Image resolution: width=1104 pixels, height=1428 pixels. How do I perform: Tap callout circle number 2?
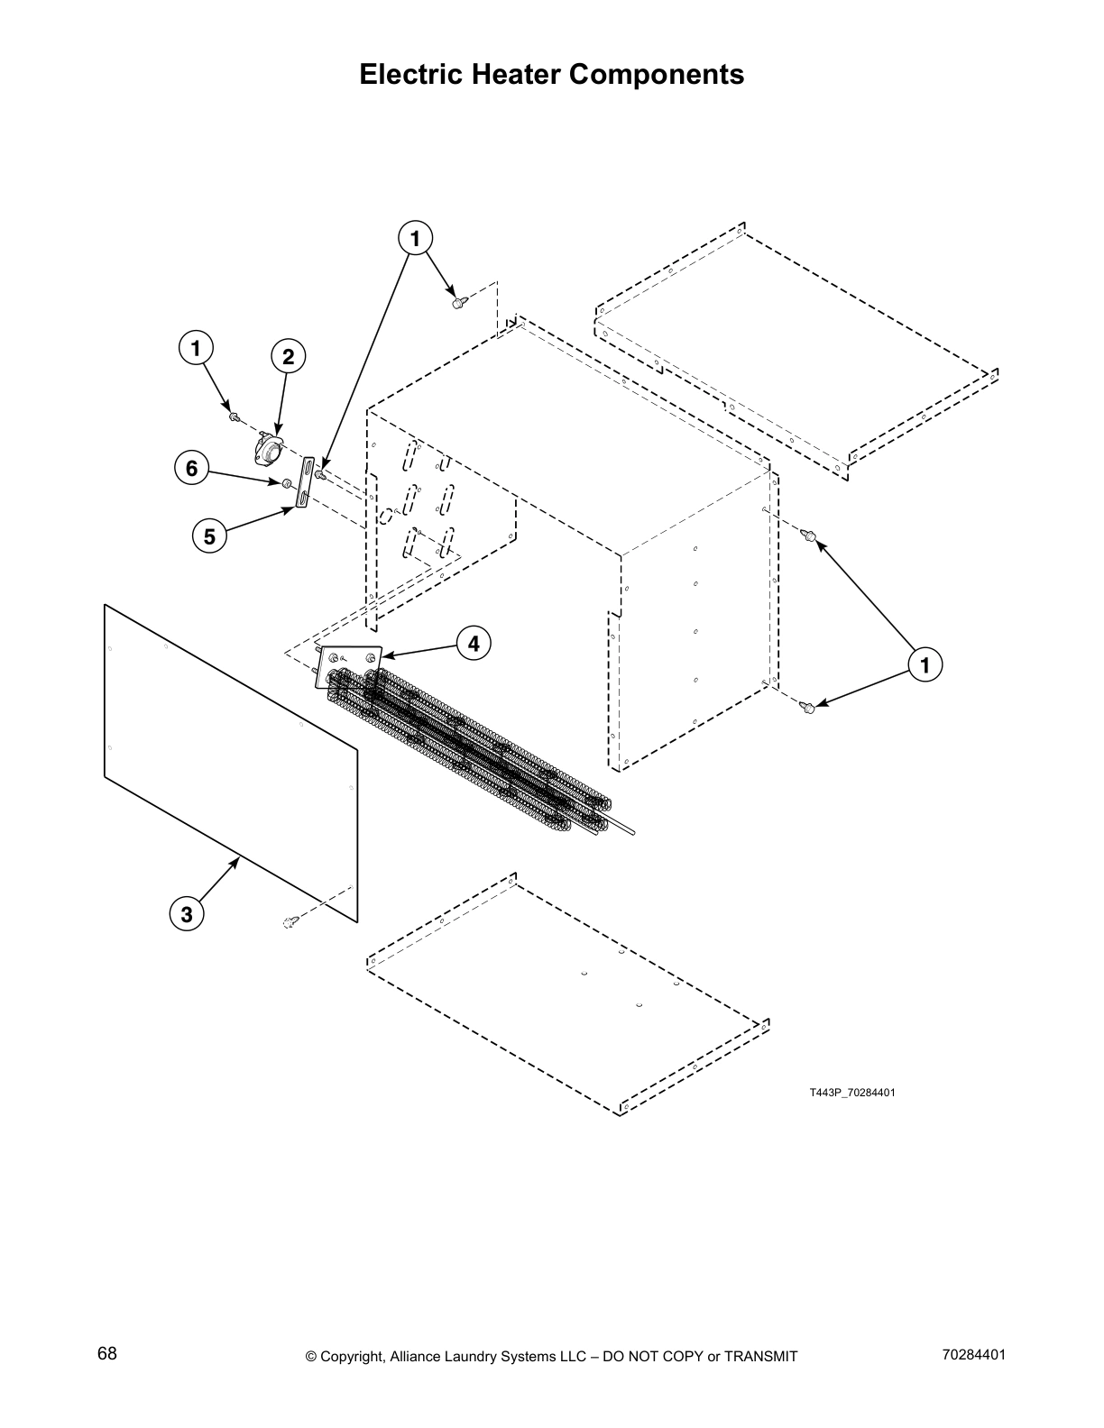288,357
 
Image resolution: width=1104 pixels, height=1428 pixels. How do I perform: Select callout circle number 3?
186,914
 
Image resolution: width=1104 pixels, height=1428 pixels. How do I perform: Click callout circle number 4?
474,643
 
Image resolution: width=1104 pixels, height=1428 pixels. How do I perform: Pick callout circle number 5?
209,537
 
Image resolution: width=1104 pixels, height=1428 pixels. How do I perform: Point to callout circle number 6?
191,469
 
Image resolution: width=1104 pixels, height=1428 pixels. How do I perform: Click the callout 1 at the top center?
415,239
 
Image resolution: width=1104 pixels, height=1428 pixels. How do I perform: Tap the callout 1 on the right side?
924,665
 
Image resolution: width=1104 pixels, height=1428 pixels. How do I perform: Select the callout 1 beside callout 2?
196,348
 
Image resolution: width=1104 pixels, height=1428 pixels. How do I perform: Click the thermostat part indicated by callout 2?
267,448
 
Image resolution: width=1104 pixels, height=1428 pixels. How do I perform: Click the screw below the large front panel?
291,921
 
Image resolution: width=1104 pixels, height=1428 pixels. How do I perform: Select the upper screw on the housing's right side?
811,538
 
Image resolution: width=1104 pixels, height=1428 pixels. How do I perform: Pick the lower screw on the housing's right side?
808,709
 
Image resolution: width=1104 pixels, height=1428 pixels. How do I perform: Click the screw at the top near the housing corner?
458,302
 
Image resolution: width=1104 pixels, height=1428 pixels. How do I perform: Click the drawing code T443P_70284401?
851,1093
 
